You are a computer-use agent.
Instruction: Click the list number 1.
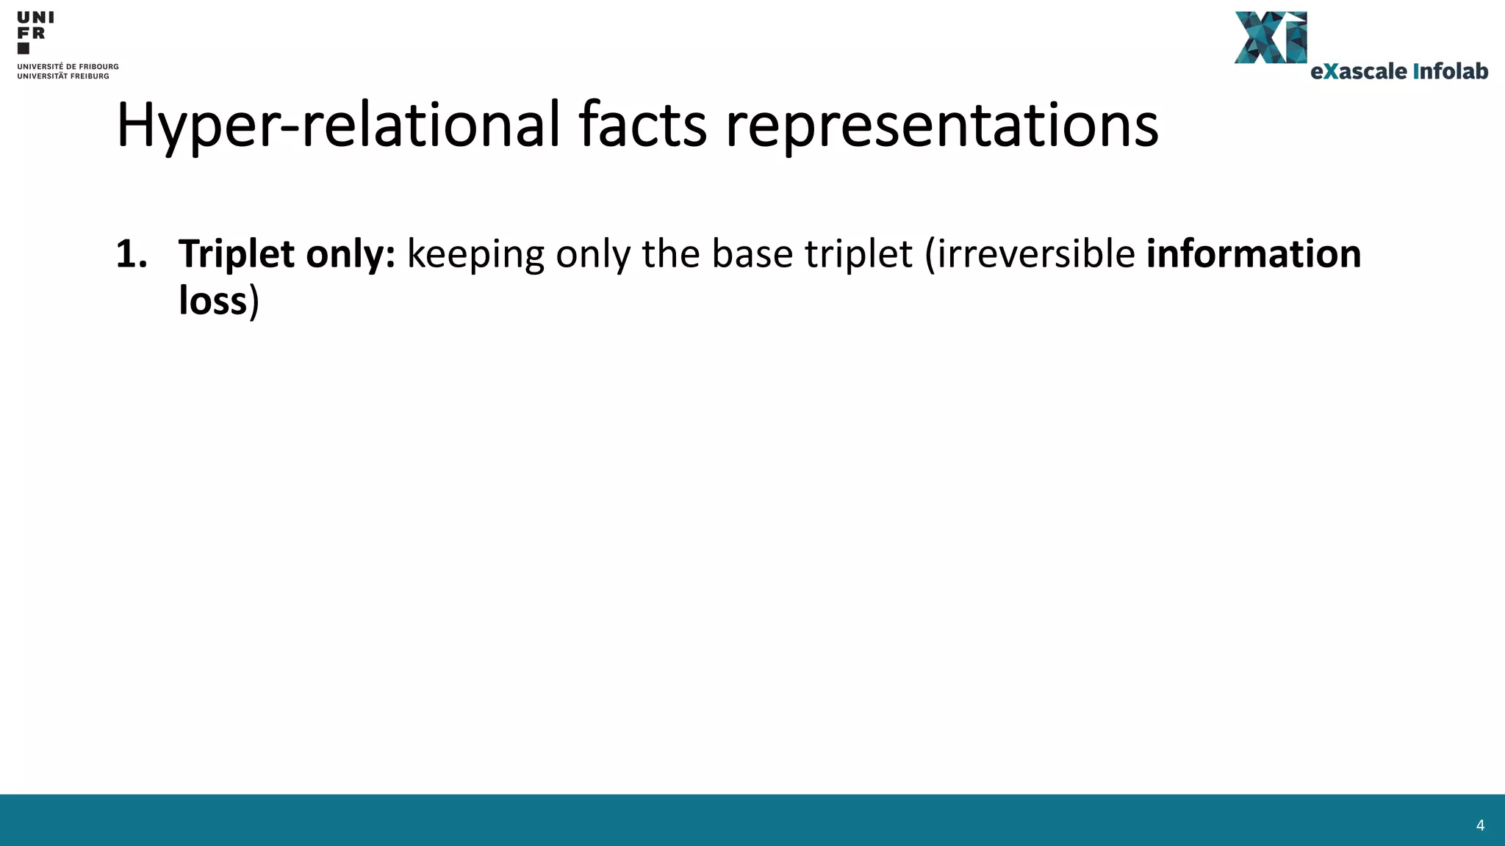[x=132, y=254]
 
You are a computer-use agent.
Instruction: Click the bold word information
[x=1254, y=254]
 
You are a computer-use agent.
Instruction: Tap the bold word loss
[x=213, y=301]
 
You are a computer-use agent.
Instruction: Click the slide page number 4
[x=1480, y=825]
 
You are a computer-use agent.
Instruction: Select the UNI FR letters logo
[x=35, y=25]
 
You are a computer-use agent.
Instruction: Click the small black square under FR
[x=24, y=48]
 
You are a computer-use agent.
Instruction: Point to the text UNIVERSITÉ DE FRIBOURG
[x=68, y=67]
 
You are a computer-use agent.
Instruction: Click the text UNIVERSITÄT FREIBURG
[x=63, y=76]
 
